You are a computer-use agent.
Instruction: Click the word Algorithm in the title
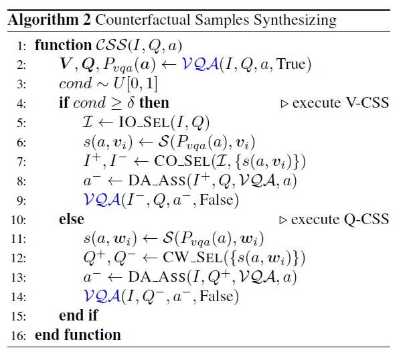pos(44,20)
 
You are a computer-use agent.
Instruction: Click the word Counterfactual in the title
pos(143,20)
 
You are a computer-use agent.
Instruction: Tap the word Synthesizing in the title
pos(295,20)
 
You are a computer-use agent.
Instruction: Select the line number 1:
pos(21,46)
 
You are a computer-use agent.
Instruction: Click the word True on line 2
pos(291,64)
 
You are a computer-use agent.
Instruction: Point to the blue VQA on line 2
pos(200,64)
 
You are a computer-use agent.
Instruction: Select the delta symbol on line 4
pos(131,102)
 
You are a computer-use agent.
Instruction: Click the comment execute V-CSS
pos(335,102)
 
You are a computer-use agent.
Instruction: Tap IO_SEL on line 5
pos(144,122)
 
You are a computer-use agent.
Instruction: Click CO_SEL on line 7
pos(182,161)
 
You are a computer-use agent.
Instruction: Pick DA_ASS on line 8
pos(157,181)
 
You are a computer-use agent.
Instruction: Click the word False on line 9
pos(216,200)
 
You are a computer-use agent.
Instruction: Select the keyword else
pos(72,219)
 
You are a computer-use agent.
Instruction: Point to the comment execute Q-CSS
pos(334,219)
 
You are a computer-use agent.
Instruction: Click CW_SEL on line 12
pos(193,258)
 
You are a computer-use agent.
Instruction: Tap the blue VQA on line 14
pos(102,296)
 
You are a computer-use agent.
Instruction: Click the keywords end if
pos(78,315)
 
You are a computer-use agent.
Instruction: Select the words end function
pos(78,335)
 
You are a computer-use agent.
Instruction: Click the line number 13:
pos(18,278)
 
